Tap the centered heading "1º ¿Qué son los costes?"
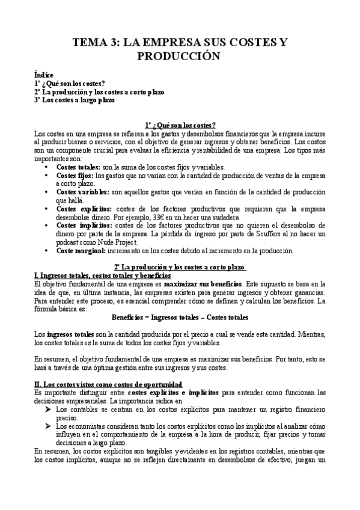coord(180,125)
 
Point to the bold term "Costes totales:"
coord(78,167)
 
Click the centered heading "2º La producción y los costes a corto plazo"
coord(180,267)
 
